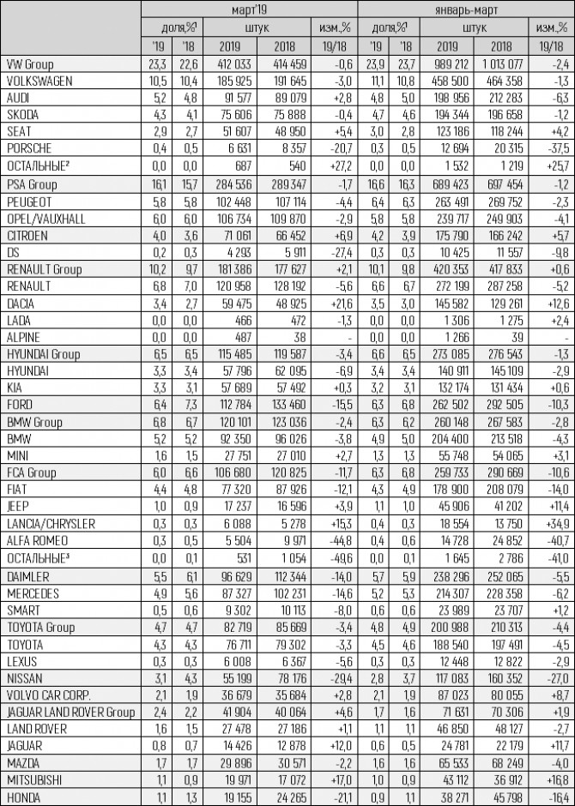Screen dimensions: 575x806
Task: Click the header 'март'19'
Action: (248, 9)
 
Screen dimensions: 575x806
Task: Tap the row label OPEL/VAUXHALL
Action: (45, 218)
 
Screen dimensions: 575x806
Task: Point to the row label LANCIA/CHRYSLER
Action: (50, 523)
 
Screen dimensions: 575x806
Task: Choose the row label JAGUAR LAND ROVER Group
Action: (70, 711)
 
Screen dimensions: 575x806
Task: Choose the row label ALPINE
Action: (23, 337)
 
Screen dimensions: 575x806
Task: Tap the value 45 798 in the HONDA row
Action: (500, 796)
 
